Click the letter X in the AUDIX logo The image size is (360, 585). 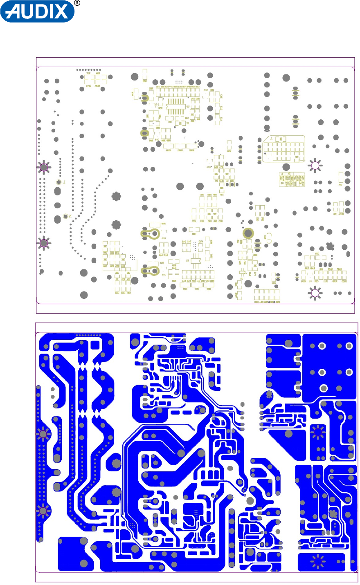pyautogui.click(x=62, y=12)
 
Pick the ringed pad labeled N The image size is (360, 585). pyautogui.click(x=65, y=216)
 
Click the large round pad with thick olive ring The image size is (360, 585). pyautogui.click(x=248, y=233)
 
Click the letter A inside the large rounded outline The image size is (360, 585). pyautogui.click(x=272, y=139)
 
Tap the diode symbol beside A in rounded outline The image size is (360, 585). pyautogui.click(x=282, y=139)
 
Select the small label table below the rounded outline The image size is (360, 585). pyautogui.click(x=292, y=179)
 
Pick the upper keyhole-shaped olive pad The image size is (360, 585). pyautogui.click(x=150, y=234)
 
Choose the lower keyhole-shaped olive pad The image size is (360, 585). pyautogui.click(x=150, y=270)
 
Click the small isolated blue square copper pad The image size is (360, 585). pyautogui.click(x=94, y=345)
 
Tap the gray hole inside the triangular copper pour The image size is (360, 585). pyautogui.click(x=288, y=433)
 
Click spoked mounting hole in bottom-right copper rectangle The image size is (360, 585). pyautogui.click(x=317, y=562)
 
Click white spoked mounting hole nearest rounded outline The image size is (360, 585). pyautogui.click(x=315, y=165)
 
